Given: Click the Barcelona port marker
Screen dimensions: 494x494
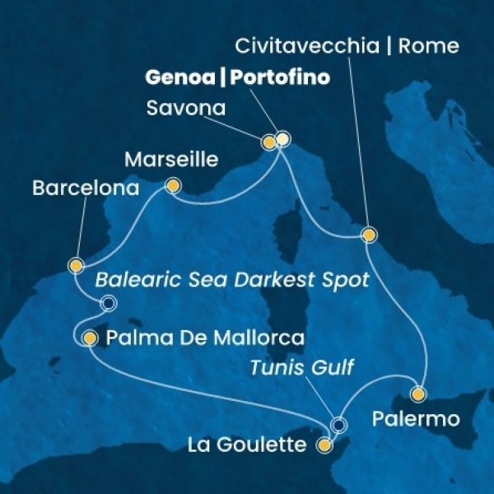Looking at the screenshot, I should pyautogui.click(x=76, y=266).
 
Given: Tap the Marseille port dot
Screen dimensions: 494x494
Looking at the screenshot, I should pyautogui.click(x=173, y=187).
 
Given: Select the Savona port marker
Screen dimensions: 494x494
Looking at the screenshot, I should pyautogui.click(x=268, y=142).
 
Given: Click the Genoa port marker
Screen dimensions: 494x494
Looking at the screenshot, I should pyautogui.click(x=282, y=139).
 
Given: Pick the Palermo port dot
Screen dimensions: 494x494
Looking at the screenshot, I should pyautogui.click(x=419, y=394).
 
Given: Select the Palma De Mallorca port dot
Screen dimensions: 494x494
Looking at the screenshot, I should pyautogui.click(x=90, y=338).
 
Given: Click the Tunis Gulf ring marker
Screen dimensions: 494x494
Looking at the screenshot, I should pyautogui.click(x=338, y=425).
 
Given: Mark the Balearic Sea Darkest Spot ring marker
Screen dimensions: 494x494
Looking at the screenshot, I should pyautogui.click(x=107, y=305).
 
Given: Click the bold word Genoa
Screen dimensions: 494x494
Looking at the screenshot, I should pyautogui.click(x=181, y=78).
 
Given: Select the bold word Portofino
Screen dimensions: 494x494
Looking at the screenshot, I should pyautogui.click(x=280, y=78).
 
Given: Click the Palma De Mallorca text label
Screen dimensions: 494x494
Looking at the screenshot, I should pyautogui.click(x=205, y=338).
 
